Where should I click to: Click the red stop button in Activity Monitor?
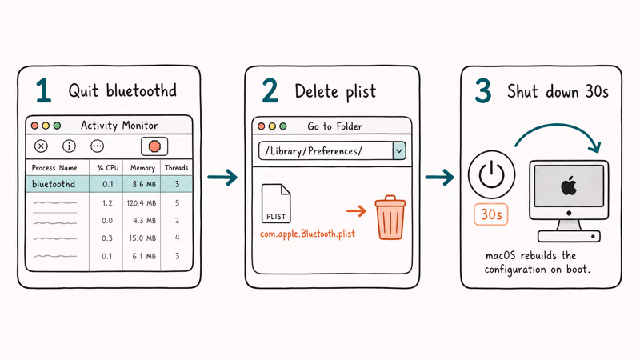[154, 146]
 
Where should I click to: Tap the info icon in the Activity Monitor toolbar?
[69, 146]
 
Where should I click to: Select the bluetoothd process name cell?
[54, 184]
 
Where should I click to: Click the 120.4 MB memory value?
[142, 203]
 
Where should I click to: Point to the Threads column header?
[176, 168]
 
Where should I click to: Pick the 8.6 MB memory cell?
[144, 184]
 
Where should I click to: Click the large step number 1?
[44, 90]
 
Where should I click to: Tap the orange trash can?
[390, 217]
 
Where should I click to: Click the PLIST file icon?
[276, 203]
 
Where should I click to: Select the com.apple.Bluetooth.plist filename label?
[307, 234]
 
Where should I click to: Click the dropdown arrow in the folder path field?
[399, 150]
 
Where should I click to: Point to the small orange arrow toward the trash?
[356, 210]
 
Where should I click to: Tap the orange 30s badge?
[491, 214]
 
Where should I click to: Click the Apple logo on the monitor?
[569, 186]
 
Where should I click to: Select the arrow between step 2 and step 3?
[439, 177]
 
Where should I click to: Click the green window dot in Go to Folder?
[283, 126]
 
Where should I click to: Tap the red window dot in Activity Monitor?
[34, 126]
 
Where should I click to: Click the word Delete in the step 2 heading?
[316, 91]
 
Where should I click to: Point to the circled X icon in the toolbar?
[41, 146]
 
